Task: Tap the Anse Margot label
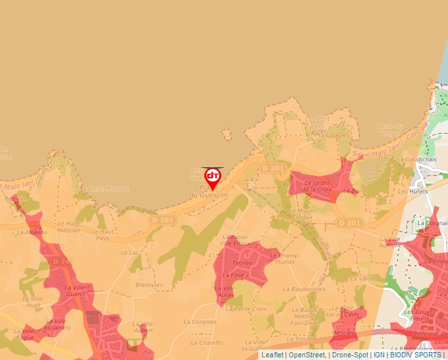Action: tap(109, 188)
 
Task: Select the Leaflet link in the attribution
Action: tap(272, 355)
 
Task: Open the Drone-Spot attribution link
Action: tap(350, 355)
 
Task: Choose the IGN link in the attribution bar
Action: tap(379, 355)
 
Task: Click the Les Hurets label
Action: tap(418, 192)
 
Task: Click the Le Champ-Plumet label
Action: tap(284, 259)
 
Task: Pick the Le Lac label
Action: tap(131, 252)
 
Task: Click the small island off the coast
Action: tap(227, 135)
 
